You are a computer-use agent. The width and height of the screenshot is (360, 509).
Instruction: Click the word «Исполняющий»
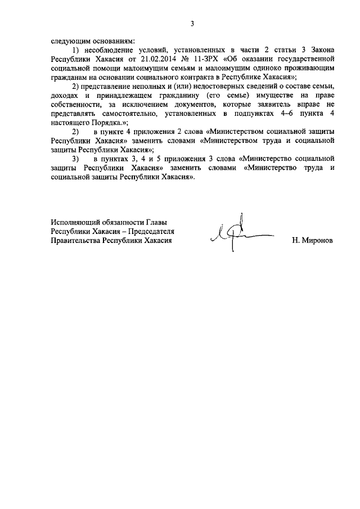(74, 222)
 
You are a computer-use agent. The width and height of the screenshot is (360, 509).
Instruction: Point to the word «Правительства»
(75, 240)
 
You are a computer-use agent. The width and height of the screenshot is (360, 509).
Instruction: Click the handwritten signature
(237, 235)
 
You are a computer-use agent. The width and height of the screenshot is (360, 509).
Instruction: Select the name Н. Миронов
(312, 240)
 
